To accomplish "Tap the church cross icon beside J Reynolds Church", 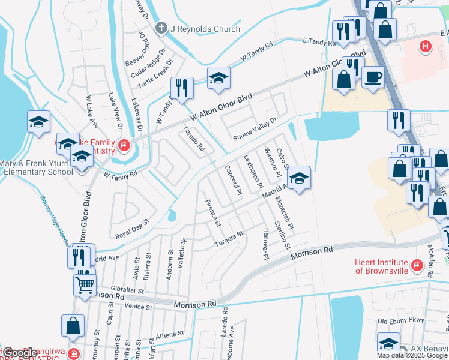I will tap(160, 28).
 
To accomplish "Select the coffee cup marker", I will tap(373, 79).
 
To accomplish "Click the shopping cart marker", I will tap(85, 283).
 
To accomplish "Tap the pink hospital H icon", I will tap(425, 45).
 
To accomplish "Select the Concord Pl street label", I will tap(232, 179).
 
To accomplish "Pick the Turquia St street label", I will tap(228, 239).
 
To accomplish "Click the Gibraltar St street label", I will tap(124, 290).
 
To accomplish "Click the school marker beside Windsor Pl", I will tap(298, 179).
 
